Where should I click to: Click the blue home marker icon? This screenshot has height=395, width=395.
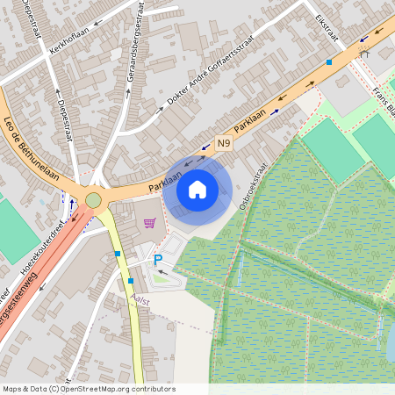click(x=197, y=189)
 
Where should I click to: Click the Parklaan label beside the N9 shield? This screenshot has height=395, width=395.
click(x=252, y=117)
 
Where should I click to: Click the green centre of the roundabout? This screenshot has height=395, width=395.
click(x=93, y=200)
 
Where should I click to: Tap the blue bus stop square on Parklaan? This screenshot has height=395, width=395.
click(x=329, y=62)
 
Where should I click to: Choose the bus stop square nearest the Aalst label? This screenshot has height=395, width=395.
click(x=130, y=281)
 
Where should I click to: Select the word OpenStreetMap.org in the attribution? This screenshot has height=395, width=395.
click(x=95, y=389)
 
